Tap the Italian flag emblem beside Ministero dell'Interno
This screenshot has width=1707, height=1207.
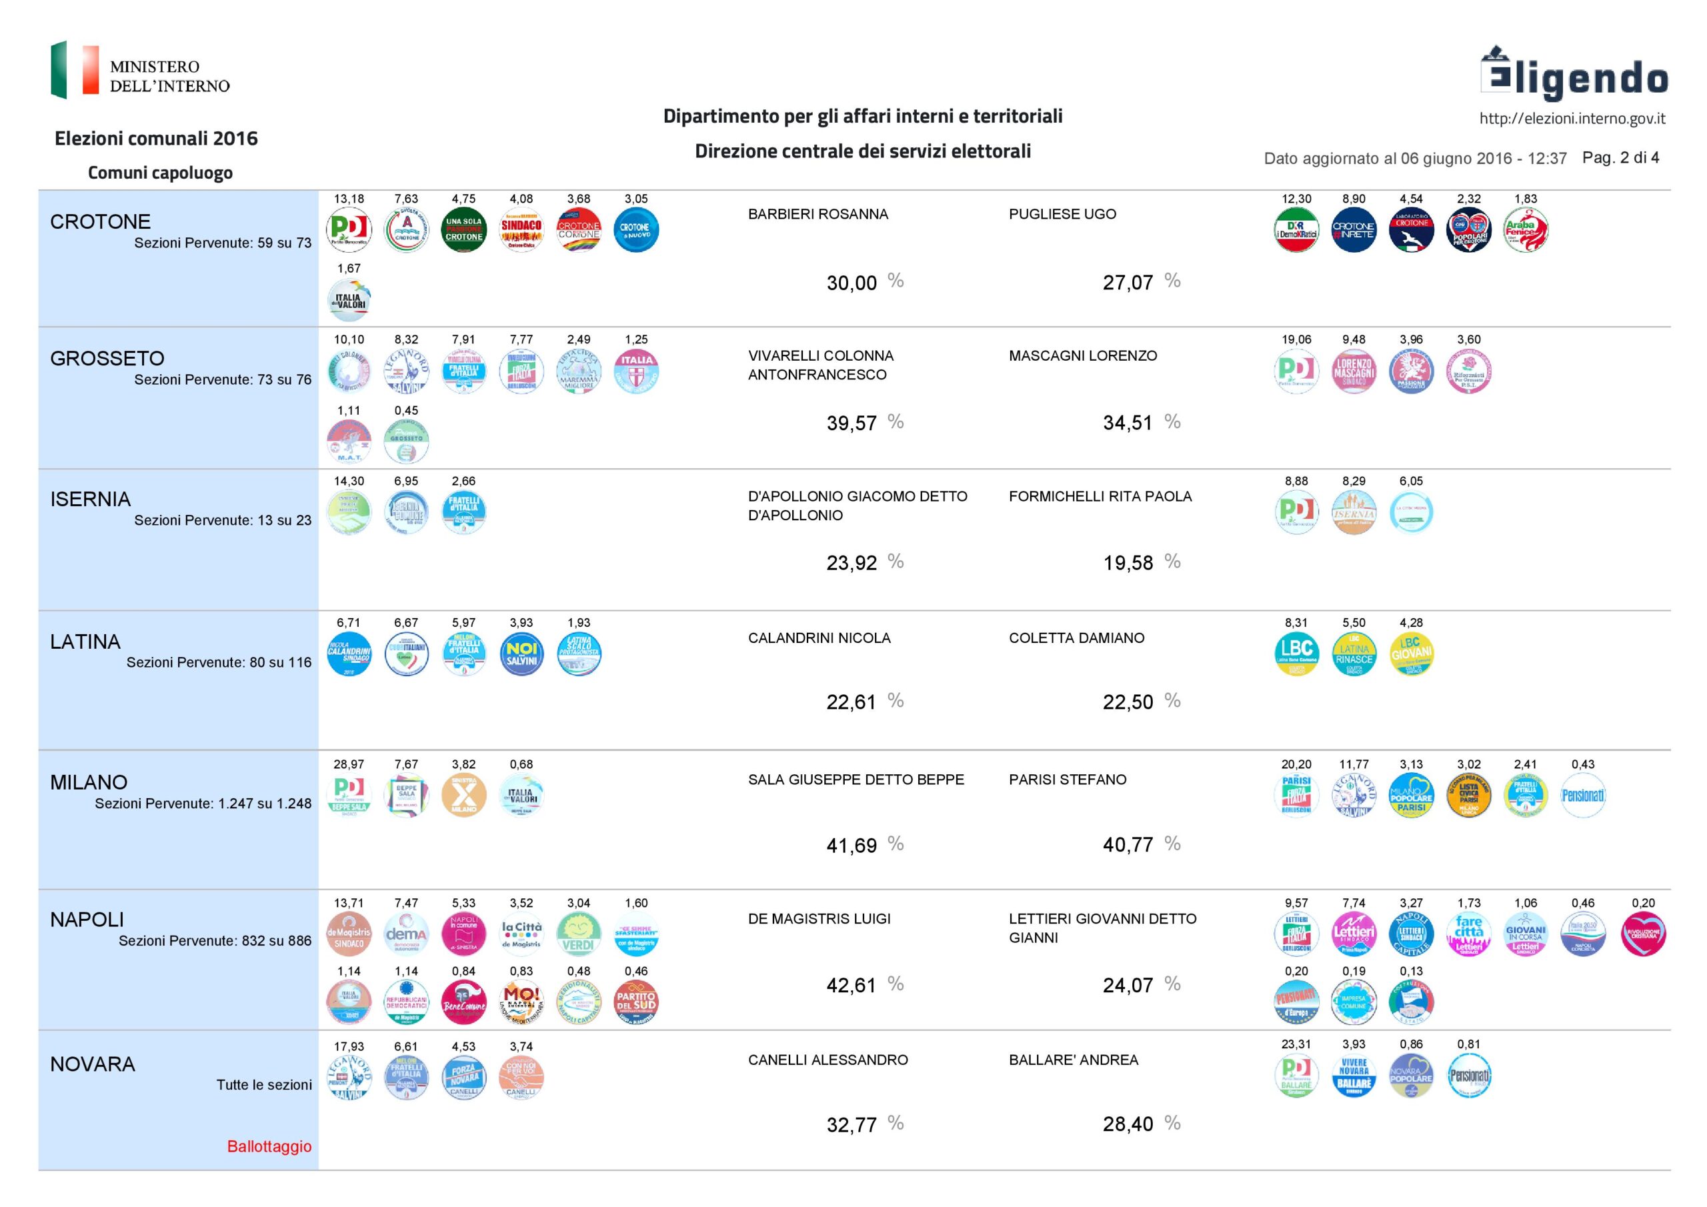[73, 70]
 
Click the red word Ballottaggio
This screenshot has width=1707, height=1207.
[269, 1146]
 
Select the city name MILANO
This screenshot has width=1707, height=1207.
[89, 782]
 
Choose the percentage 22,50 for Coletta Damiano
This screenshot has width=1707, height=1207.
[1127, 702]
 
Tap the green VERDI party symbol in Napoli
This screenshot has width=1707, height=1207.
[578, 934]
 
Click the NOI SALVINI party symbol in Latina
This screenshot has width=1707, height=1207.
[521, 654]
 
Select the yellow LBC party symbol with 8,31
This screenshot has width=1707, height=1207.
[1296, 654]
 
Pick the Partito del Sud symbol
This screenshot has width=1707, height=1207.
[635, 1002]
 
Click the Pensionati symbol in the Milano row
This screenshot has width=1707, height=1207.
[1582, 795]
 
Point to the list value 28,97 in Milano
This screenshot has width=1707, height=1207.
[349, 764]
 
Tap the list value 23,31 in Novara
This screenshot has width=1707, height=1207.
[1296, 1044]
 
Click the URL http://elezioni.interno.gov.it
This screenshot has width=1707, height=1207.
[1572, 118]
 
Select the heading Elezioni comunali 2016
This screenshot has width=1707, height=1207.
[156, 138]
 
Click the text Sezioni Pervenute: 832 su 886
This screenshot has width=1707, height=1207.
[215, 941]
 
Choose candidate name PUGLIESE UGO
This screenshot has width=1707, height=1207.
[1062, 214]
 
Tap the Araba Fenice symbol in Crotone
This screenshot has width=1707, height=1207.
[1526, 230]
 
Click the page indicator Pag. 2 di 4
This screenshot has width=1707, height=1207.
[1620, 157]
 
